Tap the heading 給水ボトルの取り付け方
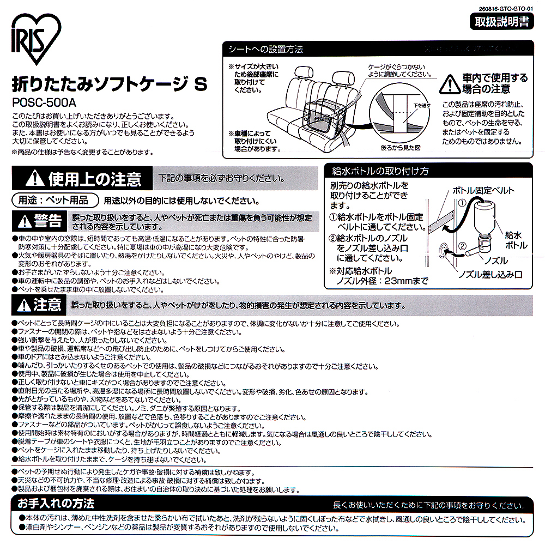(380, 171)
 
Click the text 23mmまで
(406, 281)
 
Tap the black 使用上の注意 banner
(80, 179)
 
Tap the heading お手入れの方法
(56, 502)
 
